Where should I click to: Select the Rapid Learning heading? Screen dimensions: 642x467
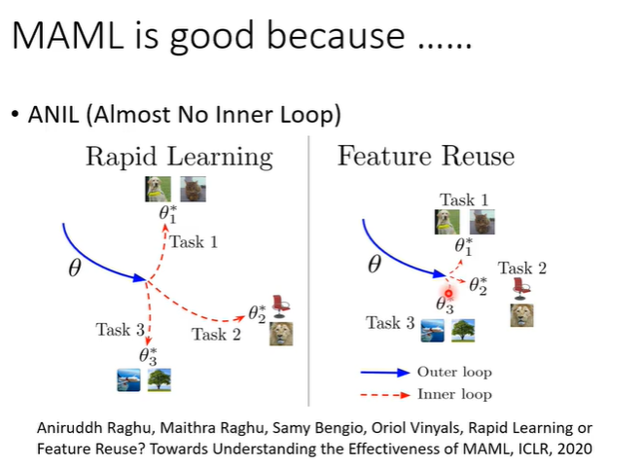[x=179, y=158]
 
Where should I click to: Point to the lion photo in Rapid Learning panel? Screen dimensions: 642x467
[x=281, y=334]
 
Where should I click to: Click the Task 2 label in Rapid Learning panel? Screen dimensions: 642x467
[x=215, y=335]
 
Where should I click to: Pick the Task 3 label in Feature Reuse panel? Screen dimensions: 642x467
[x=390, y=323]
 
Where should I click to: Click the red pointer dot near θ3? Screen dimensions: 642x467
[x=448, y=292]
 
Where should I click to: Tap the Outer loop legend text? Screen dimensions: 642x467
[x=453, y=372]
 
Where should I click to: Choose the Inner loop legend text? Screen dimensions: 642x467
[x=453, y=394]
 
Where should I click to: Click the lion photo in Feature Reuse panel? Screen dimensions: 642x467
[x=522, y=315]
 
